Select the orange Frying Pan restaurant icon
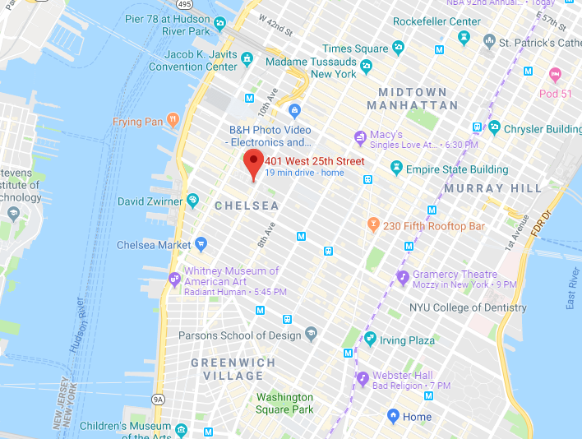click(x=173, y=122)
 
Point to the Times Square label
click(x=354, y=49)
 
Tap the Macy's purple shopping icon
click(x=359, y=136)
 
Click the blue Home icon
click(x=393, y=416)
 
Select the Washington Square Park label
click(x=284, y=403)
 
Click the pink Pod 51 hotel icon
click(x=554, y=75)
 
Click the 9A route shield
click(x=158, y=400)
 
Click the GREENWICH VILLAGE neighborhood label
click(x=228, y=368)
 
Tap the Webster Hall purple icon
click(x=363, y=379)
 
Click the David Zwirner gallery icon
click(x=192, y=200)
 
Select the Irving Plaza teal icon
click(x=370, y=339)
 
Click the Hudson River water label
click(x=77, y=325)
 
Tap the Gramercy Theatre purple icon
click(x=403, y=277)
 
